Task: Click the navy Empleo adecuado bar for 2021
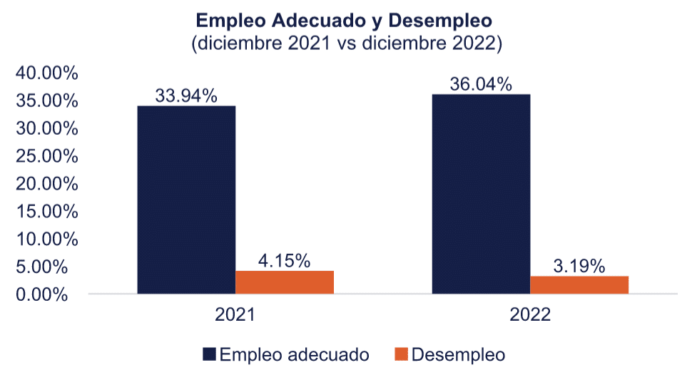pyautogui.click(x=186, y=200)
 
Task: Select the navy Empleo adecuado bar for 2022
pyautogui.click(x=481, y=194)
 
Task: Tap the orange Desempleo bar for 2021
pyautogui.click(x=285, y=282)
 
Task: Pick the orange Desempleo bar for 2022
pyautogui.click(x=579, y=284)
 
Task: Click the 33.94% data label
pyautogui.click(x=186, y=96)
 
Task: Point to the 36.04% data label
pyautogui.click(x=481, y=84)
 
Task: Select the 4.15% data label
pyautogui.click(x=285, y=261)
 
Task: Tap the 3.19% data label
pyautogui.click(x=579, y=266)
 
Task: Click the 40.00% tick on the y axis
pyautogui.click(x=47, y=73)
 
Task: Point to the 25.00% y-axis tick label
pyautogui.click(x=47, y=156)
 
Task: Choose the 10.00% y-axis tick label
pyautogui.click(x=47, y=240)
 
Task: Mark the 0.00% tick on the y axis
pyautogui.click(x=42, y=294)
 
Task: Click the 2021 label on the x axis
pyautogui.click(x=235, y=314)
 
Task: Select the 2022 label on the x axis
pyautogui.click(x=530, y=314)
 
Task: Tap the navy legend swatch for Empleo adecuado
pyautogui.click(x=209, y=354)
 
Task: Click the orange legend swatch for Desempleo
pyautogui.click(x=402, y=354)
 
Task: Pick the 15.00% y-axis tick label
pyautogui.click(x=47, y=212)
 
